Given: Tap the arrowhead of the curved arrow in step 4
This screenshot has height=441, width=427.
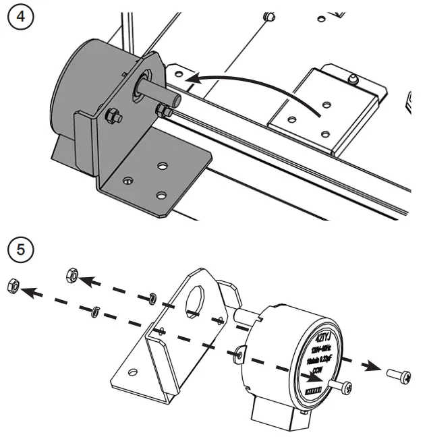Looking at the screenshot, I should [192, 80].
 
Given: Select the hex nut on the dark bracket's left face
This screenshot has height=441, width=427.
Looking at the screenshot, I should [113, 117].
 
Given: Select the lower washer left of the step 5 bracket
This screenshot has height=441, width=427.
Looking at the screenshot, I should [96, 310].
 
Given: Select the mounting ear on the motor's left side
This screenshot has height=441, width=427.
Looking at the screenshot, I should [240, 353].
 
